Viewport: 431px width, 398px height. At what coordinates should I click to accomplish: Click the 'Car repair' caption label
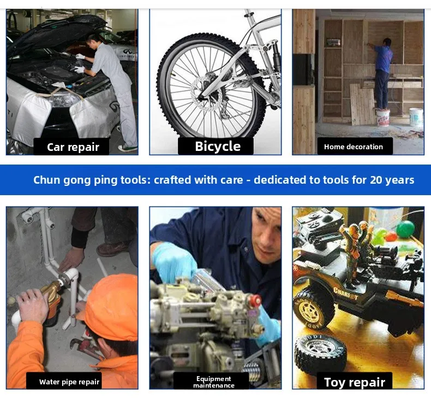73,147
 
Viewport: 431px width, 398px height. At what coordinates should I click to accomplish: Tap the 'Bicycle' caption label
218,147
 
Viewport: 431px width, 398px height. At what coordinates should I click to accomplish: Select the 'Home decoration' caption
354,147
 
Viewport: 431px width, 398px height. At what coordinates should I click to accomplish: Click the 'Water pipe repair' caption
69,382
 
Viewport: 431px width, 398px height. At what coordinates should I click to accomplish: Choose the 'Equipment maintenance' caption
214,382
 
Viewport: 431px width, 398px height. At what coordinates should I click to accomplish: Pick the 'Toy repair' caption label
355,382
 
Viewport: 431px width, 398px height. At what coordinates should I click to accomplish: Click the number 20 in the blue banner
376,180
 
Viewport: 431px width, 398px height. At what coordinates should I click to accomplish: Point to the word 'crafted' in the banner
172,180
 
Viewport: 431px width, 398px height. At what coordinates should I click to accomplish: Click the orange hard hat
110,306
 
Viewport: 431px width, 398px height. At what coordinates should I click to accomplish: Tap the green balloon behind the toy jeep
405,229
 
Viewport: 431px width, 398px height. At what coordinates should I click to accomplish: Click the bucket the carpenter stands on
382,117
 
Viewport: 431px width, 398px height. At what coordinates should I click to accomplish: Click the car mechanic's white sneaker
128,148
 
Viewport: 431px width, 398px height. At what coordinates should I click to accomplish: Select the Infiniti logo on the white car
127,51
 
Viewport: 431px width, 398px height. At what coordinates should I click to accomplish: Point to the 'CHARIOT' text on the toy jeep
345,294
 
